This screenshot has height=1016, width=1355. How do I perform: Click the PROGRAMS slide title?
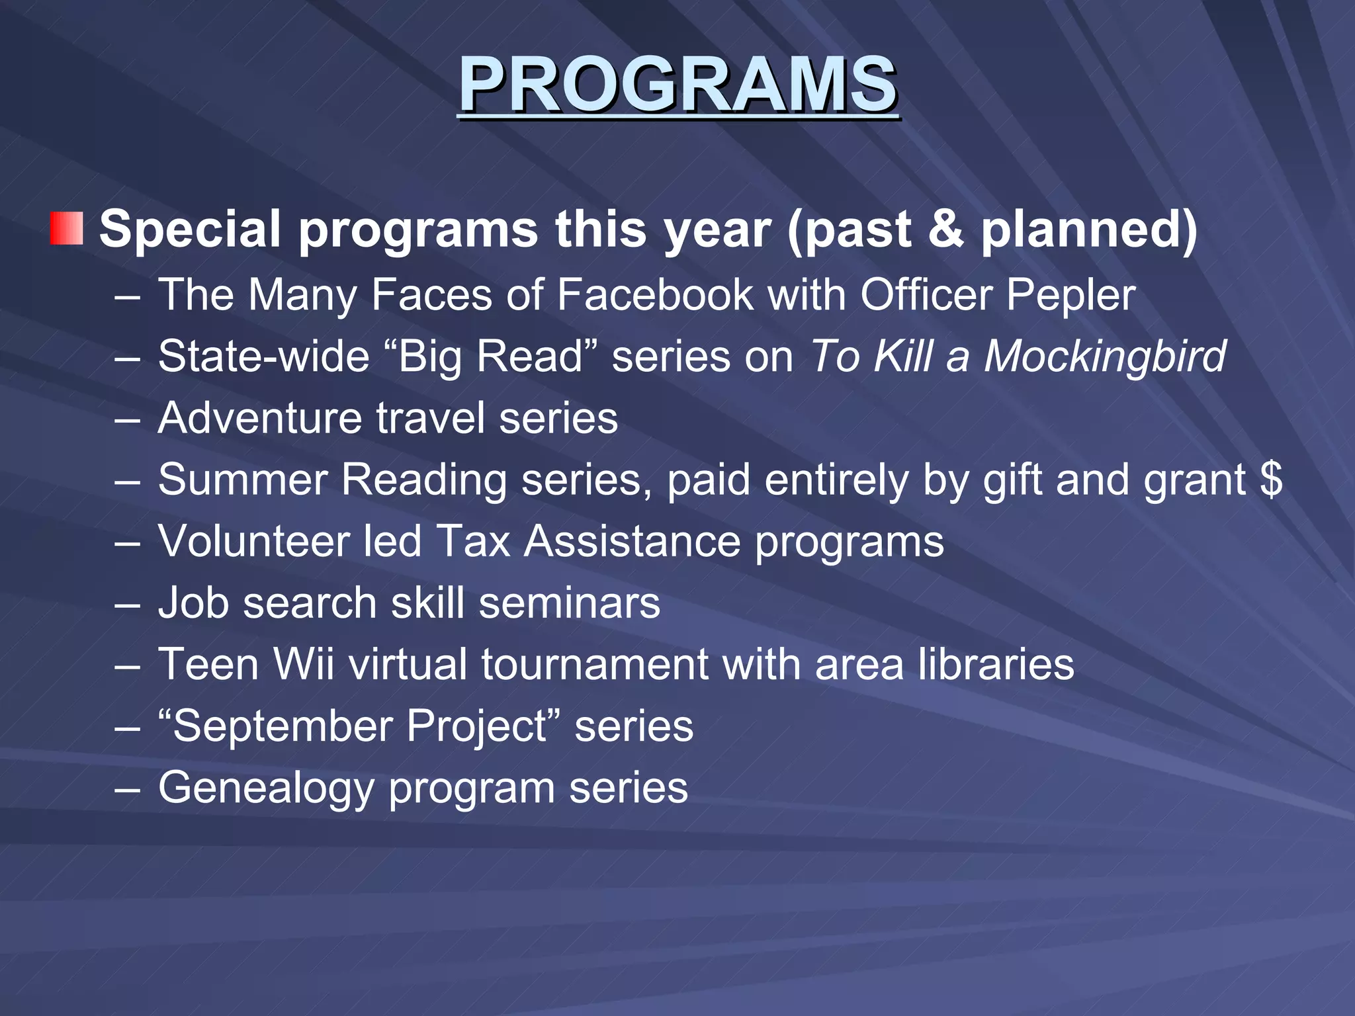(x=677, y=85)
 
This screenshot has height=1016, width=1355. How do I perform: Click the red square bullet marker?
(x=66, y=228)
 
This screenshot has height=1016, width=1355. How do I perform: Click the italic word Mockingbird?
(x=1105, y=356)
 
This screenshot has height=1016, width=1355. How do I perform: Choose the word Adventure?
(x=260, y=418)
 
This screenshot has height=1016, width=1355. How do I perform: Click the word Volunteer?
(x=253, y=541)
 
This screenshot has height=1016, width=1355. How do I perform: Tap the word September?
(x=283, y=726)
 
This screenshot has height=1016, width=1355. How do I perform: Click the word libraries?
(x=996, y=664)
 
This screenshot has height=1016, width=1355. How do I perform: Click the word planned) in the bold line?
(x=1088, y=228)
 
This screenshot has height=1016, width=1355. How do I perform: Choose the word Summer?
(x=242, y=479)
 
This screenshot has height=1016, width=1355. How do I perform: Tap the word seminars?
(x=569, y=603)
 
